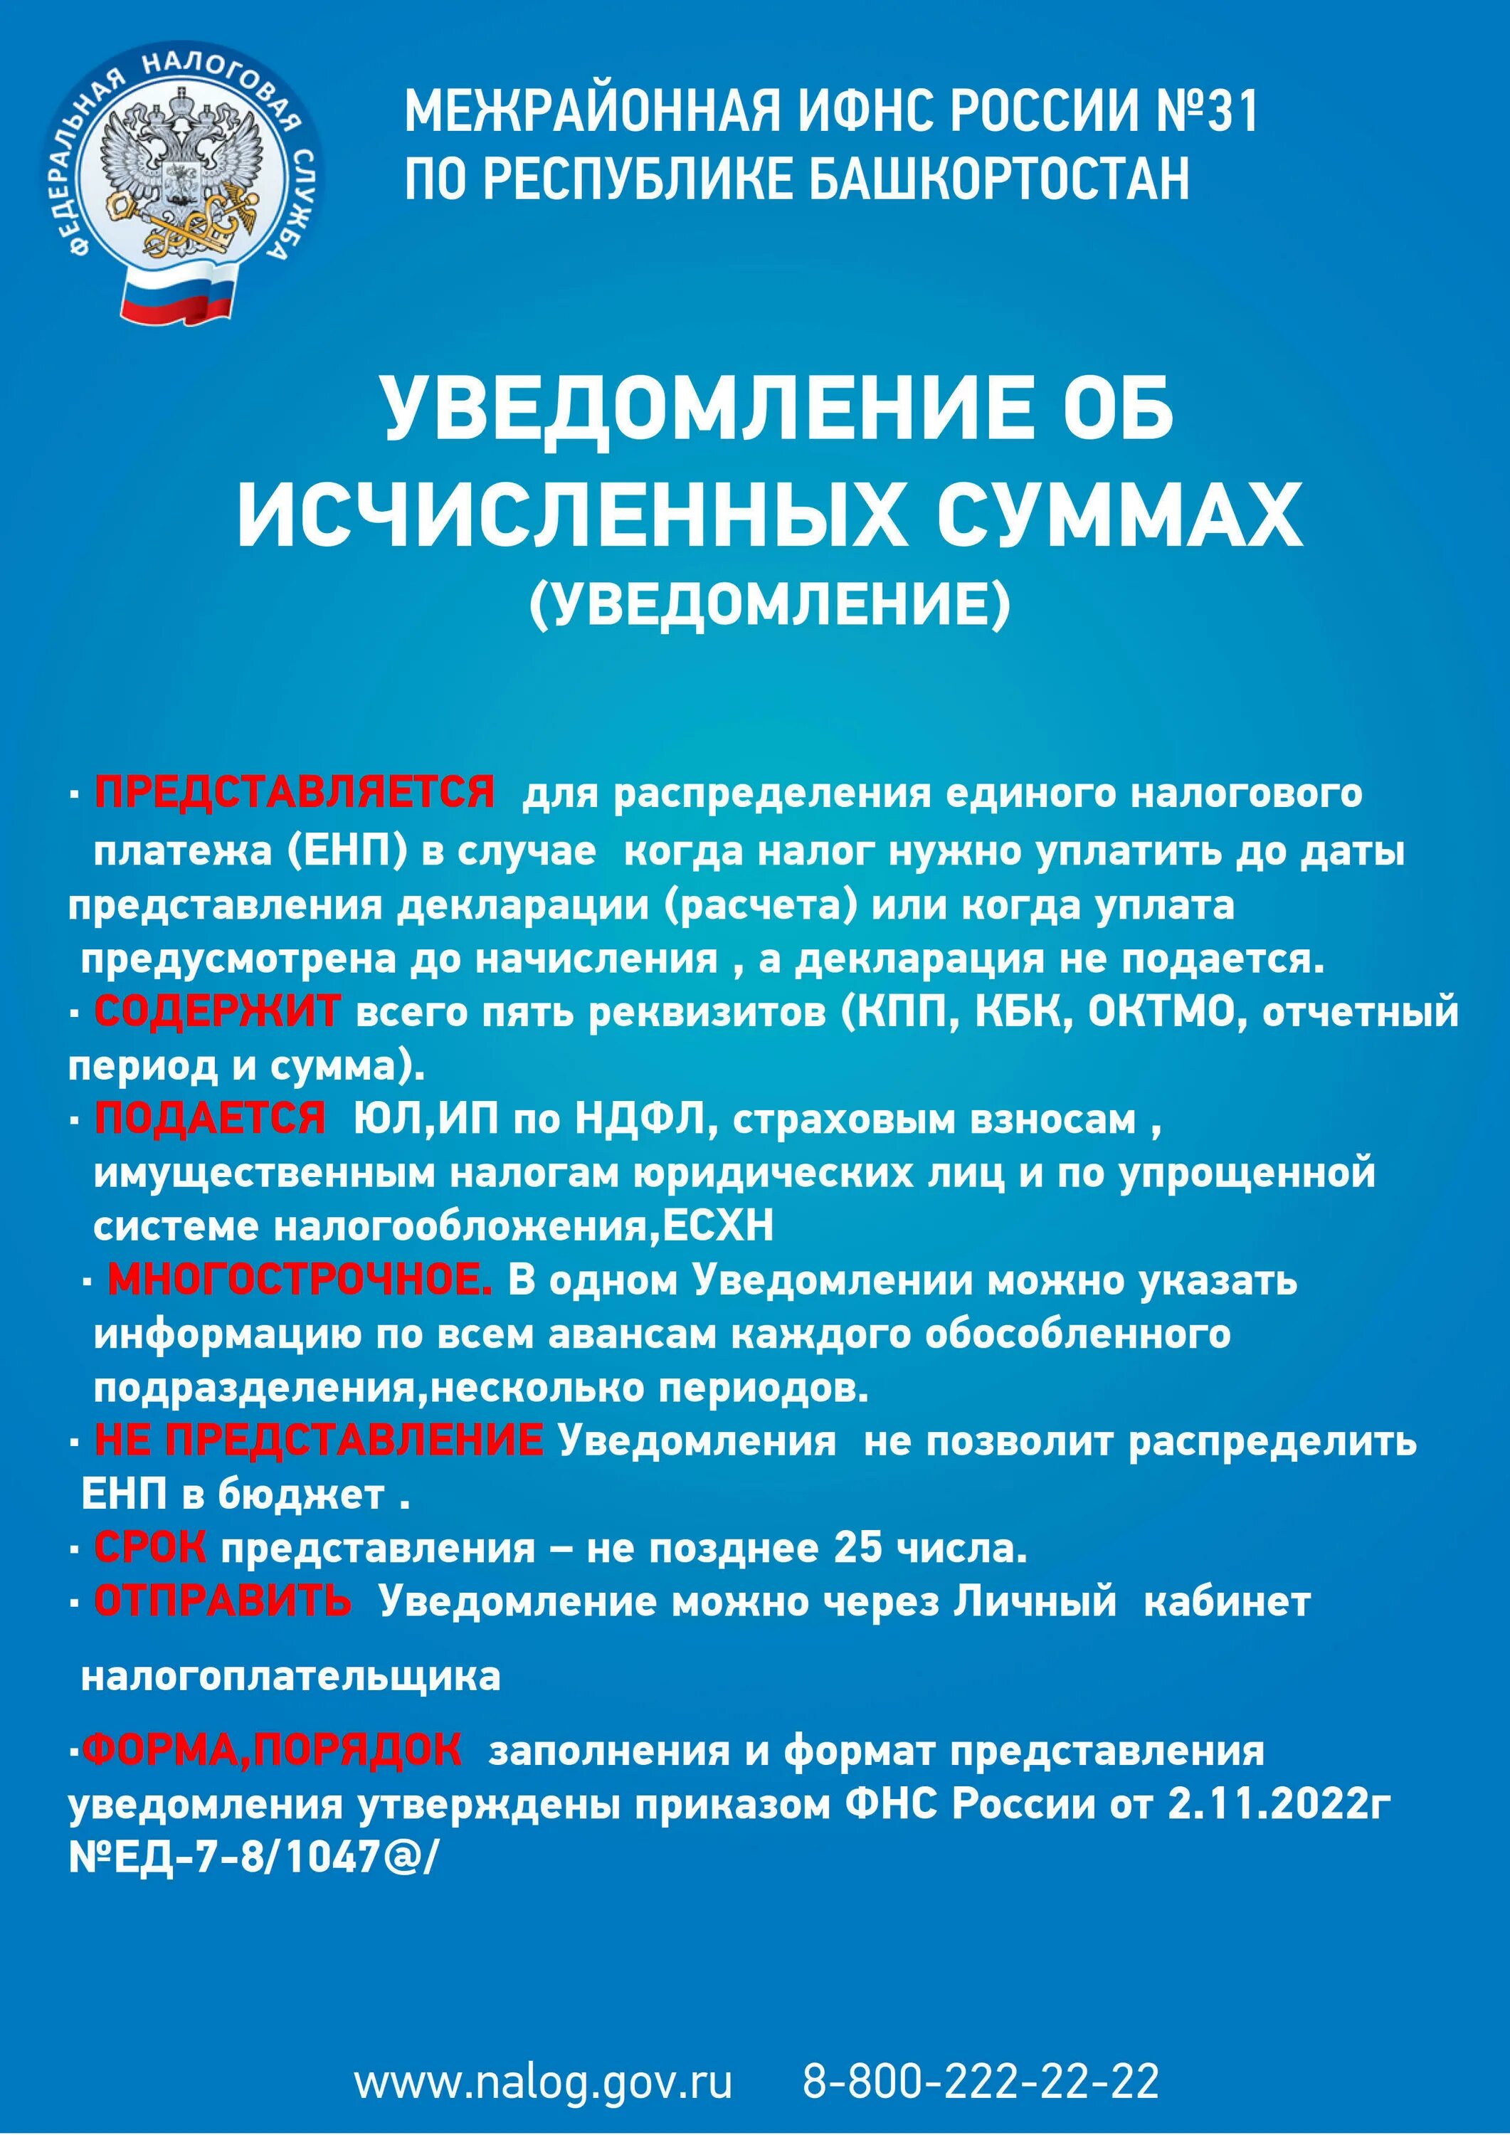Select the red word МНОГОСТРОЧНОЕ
300,1280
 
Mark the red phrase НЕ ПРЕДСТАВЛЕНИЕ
318,1441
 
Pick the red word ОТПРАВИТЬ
223,1601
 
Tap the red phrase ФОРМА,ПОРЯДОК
270,1750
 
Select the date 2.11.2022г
1279,1804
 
